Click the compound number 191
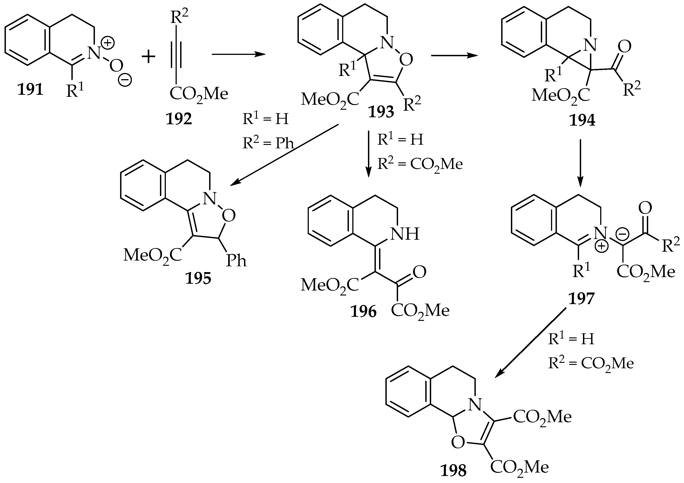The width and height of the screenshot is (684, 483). pos(30,89)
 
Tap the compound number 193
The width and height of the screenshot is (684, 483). pos(381,112)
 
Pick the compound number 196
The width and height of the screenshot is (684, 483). pos(363,312)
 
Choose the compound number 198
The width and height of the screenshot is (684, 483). pos(453,471)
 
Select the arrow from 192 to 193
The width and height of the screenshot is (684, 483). pos(238,55)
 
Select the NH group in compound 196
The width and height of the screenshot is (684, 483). pos(405,234)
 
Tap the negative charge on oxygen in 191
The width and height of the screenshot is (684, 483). pos(125,80)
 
